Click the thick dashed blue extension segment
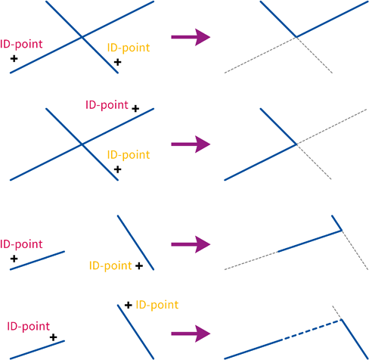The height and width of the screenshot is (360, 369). [x=312, y=330]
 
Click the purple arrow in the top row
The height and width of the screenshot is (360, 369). [x=191, y=37]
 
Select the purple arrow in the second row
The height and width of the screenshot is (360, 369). [x=191, y=144]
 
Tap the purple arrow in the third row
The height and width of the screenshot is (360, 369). [x=191, y=244]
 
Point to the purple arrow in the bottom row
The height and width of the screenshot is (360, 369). [x=191, y=334]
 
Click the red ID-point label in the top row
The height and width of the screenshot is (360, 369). [x=21, y=45]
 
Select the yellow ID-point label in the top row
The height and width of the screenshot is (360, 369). [x=129, y=48]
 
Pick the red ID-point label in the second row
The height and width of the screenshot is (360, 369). [x=107, y=105]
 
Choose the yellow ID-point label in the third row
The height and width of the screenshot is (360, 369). [x=110, y=266]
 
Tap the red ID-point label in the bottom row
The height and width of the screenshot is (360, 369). [x=29, y=327]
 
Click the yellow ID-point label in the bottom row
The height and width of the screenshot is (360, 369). [x=157, y=306]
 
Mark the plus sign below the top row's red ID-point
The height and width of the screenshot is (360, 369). [x=14, y=59]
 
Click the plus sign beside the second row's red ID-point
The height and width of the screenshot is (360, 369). [x=135, y=109]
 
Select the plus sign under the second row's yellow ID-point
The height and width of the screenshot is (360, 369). [x=117, y=169]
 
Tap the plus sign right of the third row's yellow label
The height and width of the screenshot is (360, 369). [x=139, y=265]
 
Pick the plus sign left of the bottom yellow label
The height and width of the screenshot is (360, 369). [x=129, y=306]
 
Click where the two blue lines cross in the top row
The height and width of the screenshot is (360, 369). [x=82, y=37]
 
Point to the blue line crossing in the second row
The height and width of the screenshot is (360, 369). [x=82, y=144]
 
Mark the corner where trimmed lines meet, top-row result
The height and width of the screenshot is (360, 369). [x=296, y=37]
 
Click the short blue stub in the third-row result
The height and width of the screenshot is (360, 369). [x=336, y=223]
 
